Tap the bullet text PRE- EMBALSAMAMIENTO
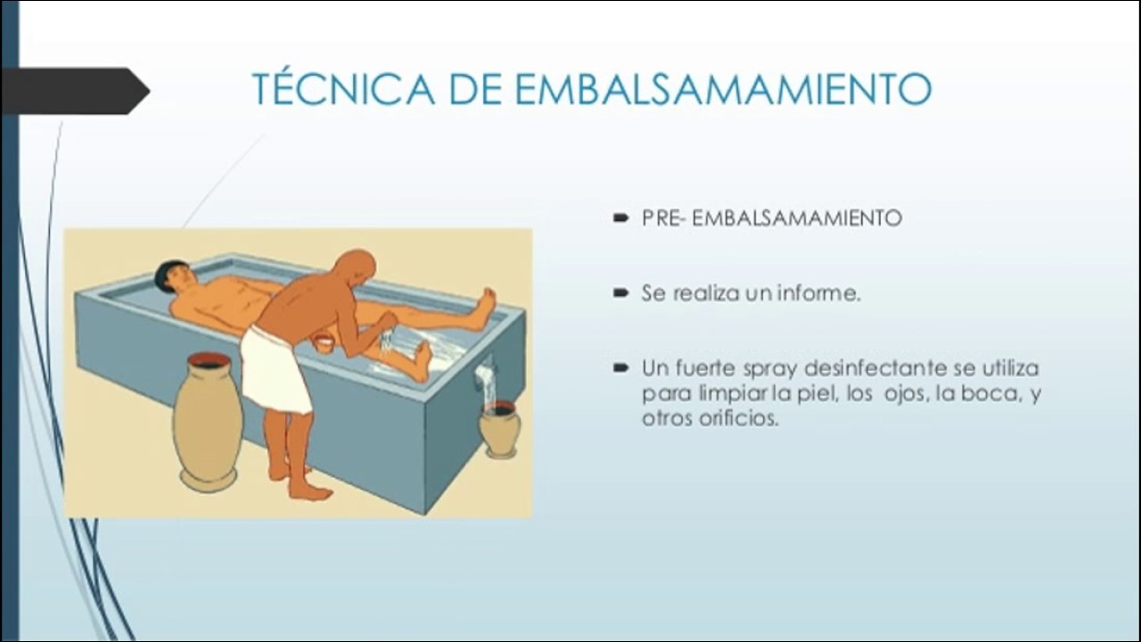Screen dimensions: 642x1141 tap(771, 218)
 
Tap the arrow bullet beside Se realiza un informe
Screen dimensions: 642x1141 tap(620, 292)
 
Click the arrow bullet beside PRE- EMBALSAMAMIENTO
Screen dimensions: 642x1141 tap(620, 218)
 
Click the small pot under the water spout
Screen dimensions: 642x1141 tap(499, 428)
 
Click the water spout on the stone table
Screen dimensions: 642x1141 tap(484, 373)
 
